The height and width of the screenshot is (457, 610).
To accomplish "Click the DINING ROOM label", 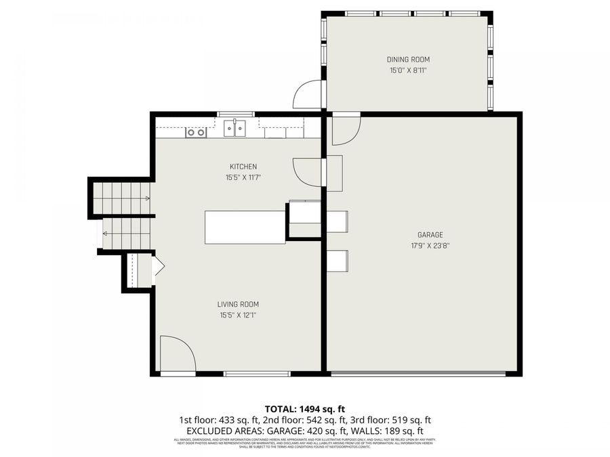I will click(x=408, y=60).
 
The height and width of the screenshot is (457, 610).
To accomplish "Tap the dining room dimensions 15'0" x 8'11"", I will click(x=408, y=70).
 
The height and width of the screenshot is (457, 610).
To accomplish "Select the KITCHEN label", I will click(x=243, y=167).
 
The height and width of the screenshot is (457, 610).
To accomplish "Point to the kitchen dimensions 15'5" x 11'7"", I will click(x=243, y=177).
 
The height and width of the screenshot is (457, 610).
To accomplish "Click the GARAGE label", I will click(x=430, y=235).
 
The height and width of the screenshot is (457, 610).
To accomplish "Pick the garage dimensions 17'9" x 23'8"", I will click(x=430, y=246).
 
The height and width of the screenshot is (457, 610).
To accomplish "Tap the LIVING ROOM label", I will click(x=238, y=304).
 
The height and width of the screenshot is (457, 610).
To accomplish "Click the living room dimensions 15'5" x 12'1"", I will click(x=238, y=315).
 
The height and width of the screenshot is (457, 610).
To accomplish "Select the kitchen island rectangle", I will click(x=245, y=227).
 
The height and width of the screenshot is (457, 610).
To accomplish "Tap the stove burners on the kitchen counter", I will click(x=196, y=133).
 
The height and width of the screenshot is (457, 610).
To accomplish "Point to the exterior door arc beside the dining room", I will click(x=306, y=96).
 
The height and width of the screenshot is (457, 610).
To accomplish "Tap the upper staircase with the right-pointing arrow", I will click(x=121, y=198).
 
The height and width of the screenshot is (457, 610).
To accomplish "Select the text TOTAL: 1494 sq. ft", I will click(x=304, y=409).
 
